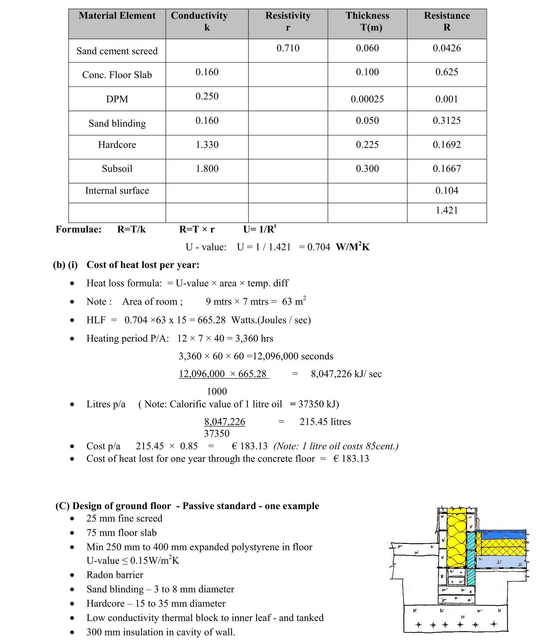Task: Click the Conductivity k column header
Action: tap(207, 21)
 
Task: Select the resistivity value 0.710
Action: tap(288, 48)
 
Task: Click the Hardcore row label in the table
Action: tap(117, 145)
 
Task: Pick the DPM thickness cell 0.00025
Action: tap(367, 99)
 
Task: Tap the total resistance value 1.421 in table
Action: tap(447, 210)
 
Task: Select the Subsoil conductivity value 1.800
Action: tap(207, 169)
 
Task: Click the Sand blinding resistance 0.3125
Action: tap(447, 121)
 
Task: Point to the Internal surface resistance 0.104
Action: tap(447, 191)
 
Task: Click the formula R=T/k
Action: tap(131, 230)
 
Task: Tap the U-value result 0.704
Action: tap(318, 247)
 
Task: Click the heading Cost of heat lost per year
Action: tap(143, 265)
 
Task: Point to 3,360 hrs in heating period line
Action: tap(254, 338)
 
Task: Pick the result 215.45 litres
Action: tap(325, 422)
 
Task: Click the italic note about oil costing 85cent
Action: tap(336, 446)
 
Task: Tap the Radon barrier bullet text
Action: tap(115, 575)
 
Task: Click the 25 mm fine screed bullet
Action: tap(124, 518)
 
